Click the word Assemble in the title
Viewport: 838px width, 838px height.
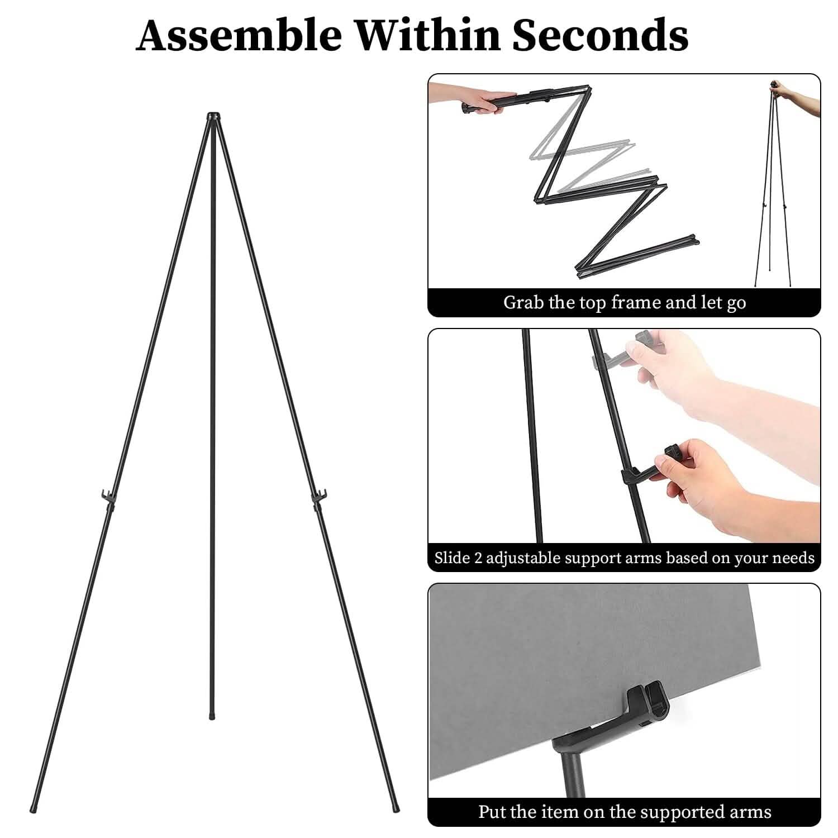(x=239, y=35)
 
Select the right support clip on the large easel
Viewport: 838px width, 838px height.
(x=319, y=495)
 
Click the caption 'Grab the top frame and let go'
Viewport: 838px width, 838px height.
(x=624, y=302)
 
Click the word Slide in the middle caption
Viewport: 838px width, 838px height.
(x=451, y=558)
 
